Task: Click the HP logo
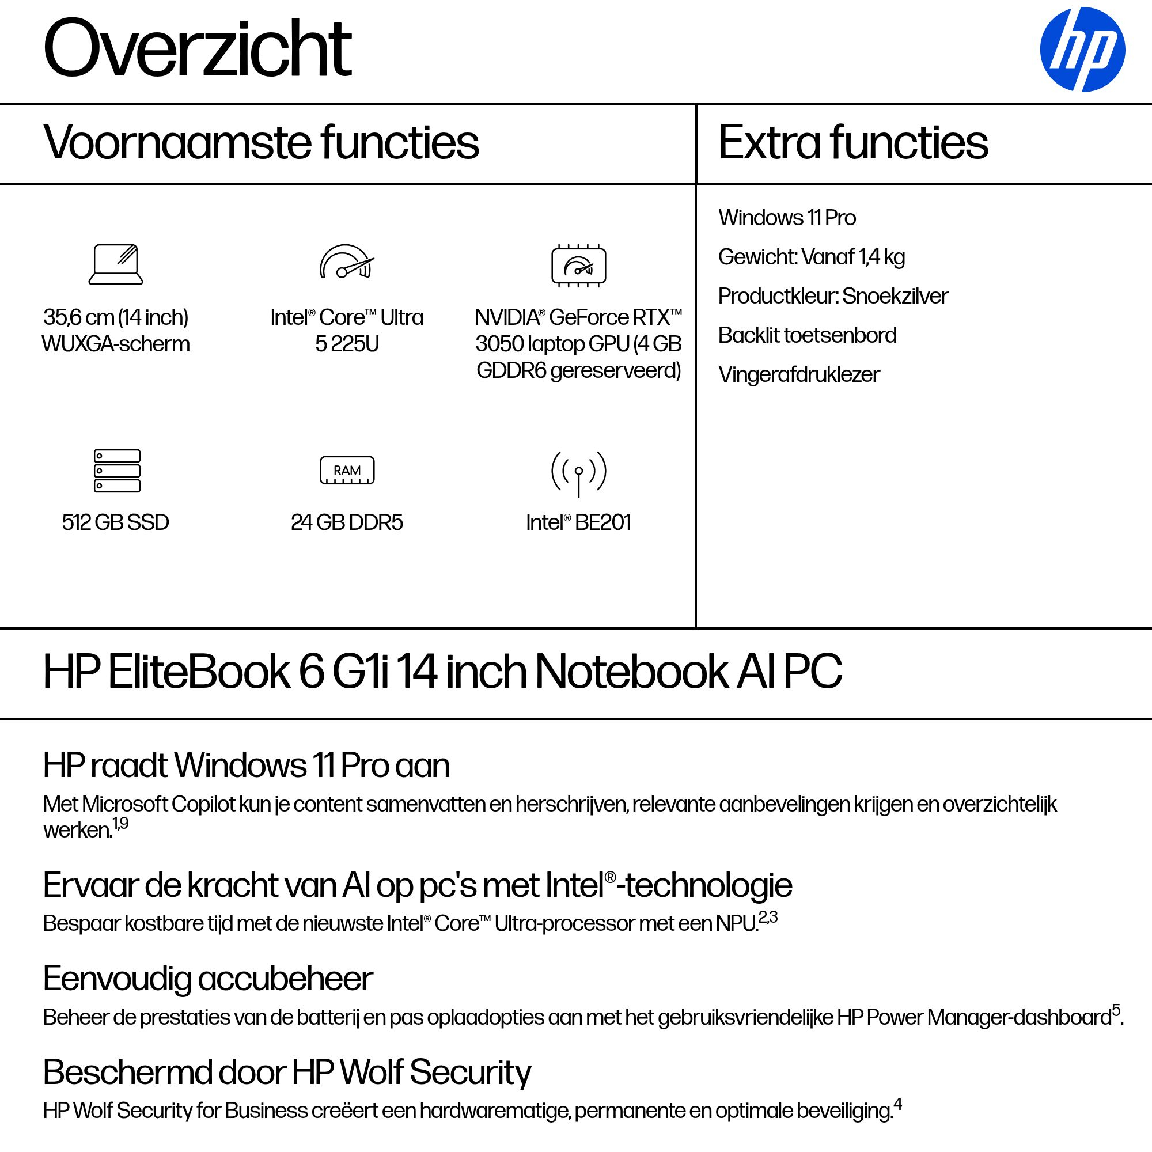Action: tap(1082, 50)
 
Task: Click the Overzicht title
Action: tap(198, 48)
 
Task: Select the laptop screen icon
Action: tap(116, 264)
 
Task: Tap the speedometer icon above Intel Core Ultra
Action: tap(346, 262)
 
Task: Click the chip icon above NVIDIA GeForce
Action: tap(578, 266)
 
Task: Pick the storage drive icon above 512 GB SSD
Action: tap(117, 471)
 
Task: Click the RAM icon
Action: tap(347, 471)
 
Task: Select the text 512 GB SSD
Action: tap(116, 522)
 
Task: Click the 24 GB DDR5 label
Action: tap(346, 522)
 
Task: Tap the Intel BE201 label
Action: tap(578, 522)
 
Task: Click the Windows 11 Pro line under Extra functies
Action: tap(786, 218)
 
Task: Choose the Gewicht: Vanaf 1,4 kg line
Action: tap(811, 257)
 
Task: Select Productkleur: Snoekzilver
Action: tap(832, 296)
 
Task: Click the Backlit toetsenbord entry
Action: tap(807, 335)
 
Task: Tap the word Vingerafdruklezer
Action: tap(798, 374)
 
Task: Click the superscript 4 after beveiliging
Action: tap(897, 1105)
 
